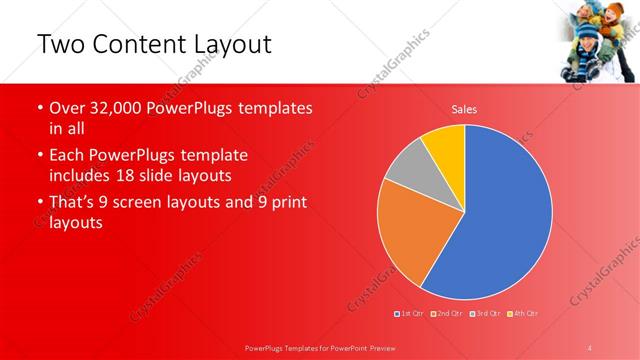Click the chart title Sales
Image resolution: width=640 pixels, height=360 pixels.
click(464, 108)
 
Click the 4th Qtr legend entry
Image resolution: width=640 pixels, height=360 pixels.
click(524, 314)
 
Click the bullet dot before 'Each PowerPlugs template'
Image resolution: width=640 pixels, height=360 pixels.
click(39, 157)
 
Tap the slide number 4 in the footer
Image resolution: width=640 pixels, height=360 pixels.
click(590, 347)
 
